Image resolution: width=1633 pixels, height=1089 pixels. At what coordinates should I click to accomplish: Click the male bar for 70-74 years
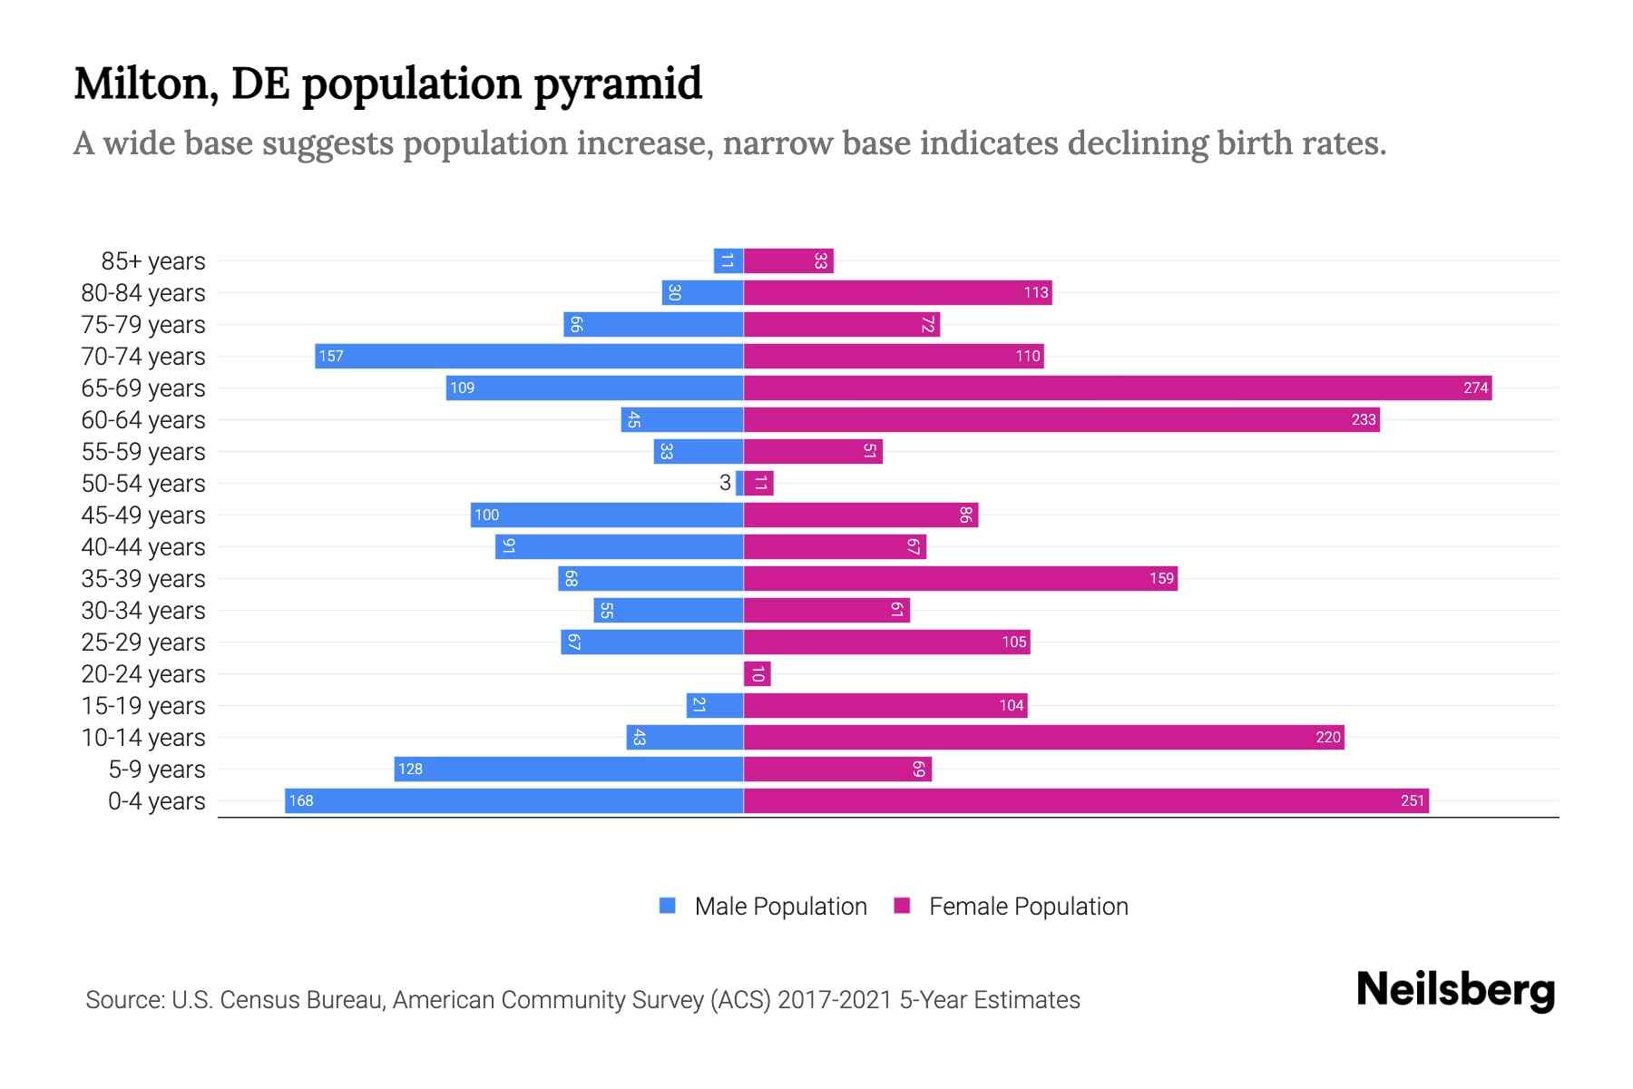529,356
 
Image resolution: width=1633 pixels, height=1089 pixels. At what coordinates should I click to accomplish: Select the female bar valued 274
1118,388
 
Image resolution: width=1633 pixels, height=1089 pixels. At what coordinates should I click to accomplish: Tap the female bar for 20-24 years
757,673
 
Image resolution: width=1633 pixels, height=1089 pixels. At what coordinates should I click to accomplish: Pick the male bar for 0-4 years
513,800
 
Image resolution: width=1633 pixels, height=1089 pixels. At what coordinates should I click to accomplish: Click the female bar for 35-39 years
960,578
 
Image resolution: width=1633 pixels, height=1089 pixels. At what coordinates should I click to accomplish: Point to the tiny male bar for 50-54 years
739,483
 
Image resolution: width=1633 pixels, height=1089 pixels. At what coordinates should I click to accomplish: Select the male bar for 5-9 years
569,769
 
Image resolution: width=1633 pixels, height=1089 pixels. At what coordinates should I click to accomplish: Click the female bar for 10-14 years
1043,737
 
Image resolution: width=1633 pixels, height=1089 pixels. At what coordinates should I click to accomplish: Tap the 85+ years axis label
153,261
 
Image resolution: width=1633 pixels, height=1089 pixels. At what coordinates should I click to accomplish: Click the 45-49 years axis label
143,515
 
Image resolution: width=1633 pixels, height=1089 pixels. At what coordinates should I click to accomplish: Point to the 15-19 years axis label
143,706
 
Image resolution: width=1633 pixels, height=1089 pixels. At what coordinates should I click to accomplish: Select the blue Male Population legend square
668,906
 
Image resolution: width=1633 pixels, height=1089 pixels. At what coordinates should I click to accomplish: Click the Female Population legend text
1028,906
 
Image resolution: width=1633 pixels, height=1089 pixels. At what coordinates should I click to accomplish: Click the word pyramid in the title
617,83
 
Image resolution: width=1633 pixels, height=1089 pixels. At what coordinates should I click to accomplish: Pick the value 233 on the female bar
1363,419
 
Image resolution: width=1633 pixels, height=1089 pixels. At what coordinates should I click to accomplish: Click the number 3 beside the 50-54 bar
725,483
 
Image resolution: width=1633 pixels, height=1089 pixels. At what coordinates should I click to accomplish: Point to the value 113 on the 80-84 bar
1035,292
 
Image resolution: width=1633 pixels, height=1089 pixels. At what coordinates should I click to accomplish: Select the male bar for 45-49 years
607,515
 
